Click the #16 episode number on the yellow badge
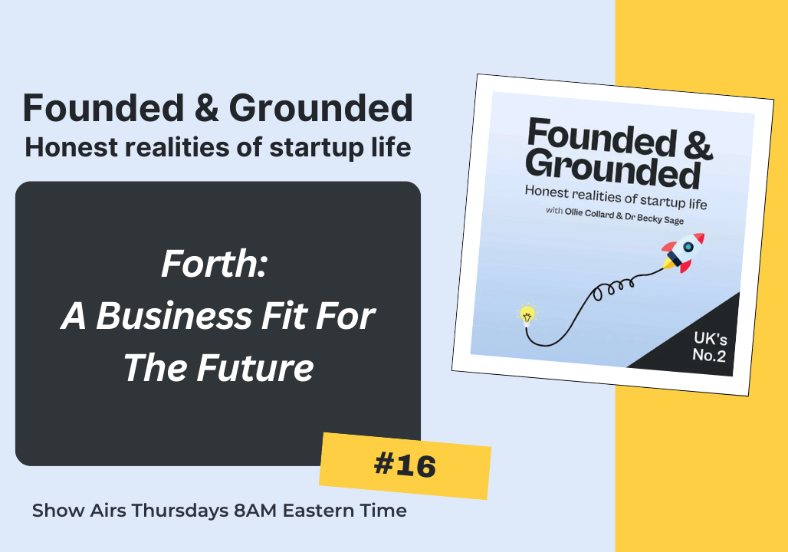[x=405, y=465]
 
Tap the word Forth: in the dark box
[x=214, y=264]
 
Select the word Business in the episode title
[x=174, y=316]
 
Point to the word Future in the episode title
[x=254, y=368]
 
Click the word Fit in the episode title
[x=284, y=316]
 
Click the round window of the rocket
[x=688, y=247]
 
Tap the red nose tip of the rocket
[x=700, y=238]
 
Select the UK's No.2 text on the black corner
[x=710, y=347]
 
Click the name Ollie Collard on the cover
[x=589, y=214]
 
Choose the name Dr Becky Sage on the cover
[x=654, y=219]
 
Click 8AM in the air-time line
[x=255, y=511]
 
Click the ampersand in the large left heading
[x=207, y=108]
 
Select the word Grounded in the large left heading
[x=321, y=108]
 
